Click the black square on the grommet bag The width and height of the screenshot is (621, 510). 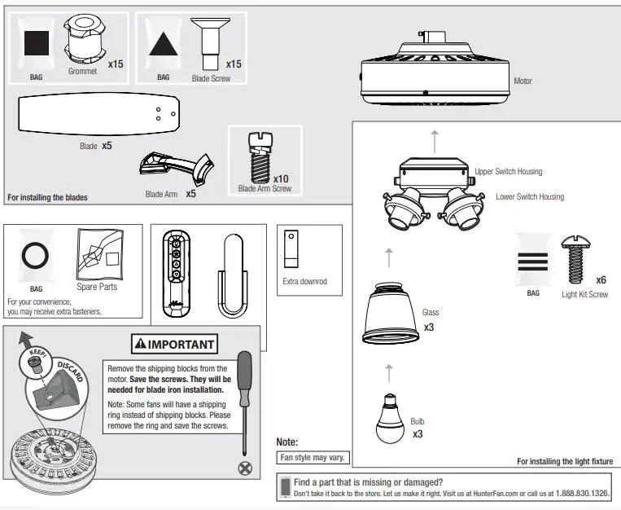click(x=36, y=42)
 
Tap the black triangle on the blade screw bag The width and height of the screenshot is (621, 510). click(x=164, y=42)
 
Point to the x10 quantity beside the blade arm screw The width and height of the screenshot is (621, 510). click(x=282, y=178)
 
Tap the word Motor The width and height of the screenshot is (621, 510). click(x=523, y=81)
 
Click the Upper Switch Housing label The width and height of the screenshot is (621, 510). click(x=508, y=172)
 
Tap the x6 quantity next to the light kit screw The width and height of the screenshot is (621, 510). click(x=601, y=279)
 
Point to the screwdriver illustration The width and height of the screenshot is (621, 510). click(x=243, y=399)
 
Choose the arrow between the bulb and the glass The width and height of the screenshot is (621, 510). click(x=389, y=372)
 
